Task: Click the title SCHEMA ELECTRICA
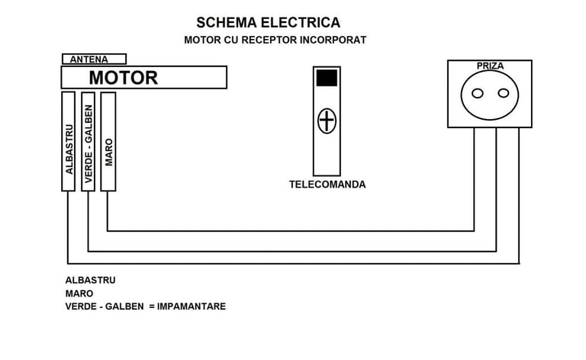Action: [268, 22]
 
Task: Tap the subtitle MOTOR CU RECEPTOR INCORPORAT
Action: [275, 40]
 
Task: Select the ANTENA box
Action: [94, 59]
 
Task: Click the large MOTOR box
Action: [143, 77]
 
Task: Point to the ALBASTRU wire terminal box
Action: [68, 141]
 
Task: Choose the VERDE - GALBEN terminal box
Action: [88, 141]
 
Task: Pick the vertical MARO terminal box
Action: [108, 141]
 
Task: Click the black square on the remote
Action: [327, 78]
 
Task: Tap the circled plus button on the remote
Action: [327, 121]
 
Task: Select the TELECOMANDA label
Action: [327, 185]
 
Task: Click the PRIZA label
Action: [490, 66]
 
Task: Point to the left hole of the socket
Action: [478, 94]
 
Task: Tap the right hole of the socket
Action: [503, 94]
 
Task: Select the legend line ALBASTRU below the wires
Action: [91, 280]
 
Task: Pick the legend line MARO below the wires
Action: [79, 293]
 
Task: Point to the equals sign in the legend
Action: [152, 307]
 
